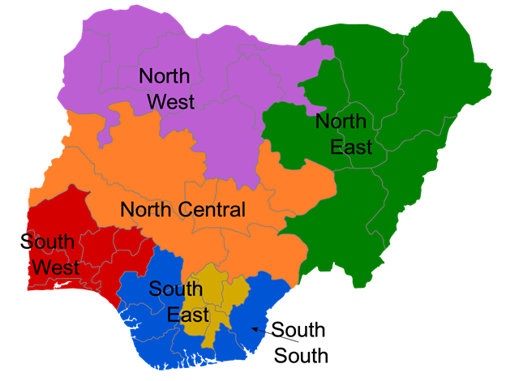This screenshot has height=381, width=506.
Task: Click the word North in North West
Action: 165,76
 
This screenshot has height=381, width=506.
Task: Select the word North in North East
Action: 341,122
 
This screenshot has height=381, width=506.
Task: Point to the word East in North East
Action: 350,148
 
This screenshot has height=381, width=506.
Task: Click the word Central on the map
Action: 208,210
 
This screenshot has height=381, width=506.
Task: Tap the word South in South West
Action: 47,242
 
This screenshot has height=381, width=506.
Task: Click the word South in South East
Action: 176,289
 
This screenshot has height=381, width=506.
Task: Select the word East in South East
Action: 188,315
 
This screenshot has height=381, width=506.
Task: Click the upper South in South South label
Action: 298,330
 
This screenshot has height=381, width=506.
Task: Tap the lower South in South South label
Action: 302,355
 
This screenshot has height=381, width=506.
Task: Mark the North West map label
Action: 166,89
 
